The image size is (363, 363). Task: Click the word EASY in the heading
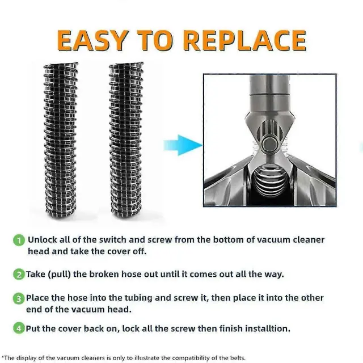pyautogui.click(x=92, y=40)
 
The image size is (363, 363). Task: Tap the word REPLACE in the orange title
pyautogui.click(x=246, y=40)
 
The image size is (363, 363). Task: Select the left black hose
pyautogui.click(x=61, y=140)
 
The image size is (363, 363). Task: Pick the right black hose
pyautogui.click(x=126, y=140)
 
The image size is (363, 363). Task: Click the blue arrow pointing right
pyautogui.click(x=183, y=145)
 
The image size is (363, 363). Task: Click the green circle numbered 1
pyautogui.click(x=19, y=240)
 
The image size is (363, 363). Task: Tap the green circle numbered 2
pyautogui.click(x=19, y=275)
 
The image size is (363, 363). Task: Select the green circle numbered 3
pyautogui.click(x=19, y=298)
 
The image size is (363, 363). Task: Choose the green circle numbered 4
pyautogui.click(x=19, y=328)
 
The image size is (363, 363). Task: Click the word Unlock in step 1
pyautogui.click(x=43, y=239)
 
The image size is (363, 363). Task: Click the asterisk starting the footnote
pyautogui.click(x=2, y=357)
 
